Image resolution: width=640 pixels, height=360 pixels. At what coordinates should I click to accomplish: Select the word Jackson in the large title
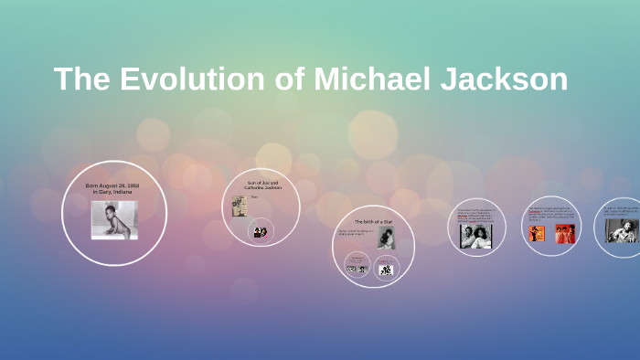click(x=507, y=79)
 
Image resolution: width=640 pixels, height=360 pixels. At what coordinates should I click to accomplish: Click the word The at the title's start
click(x=84, y=79)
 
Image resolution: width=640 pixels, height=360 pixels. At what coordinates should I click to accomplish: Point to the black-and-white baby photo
click(x=114, y=220)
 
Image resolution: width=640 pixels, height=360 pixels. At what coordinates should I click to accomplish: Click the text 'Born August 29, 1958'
click(x=112, y=185)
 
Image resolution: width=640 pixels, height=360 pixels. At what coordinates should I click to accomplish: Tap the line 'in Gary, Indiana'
click(x=112, y=192)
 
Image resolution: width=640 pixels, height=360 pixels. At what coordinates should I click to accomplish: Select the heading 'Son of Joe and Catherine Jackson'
click(x=262, y=185)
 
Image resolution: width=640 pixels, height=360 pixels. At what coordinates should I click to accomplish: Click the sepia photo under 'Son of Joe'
click(x=239, y=206)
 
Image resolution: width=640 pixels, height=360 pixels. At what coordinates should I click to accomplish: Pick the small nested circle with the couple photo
click(x=261, y=231)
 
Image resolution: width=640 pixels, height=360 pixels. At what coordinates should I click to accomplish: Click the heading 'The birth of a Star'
click(x=373, y=222)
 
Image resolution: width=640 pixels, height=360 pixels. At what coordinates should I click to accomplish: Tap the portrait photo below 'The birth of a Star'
click(x=386, y=238)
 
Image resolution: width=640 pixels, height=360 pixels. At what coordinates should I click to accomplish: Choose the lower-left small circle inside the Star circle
click(x=357, y=266)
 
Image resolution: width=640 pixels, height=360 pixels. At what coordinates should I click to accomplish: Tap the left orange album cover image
click(x=536, y=234)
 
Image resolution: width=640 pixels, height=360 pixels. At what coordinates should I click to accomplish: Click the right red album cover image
click(x=565, y=234)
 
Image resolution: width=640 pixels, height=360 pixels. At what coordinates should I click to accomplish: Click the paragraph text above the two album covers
click(x=550, y=215)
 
